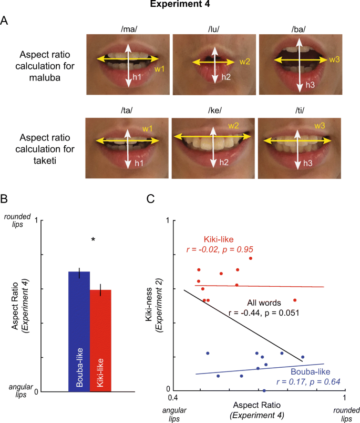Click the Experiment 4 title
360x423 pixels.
coord(179,6)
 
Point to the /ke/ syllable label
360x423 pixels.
coord(213,112)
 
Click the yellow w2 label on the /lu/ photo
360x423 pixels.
coord(245,62)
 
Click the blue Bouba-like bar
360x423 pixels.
coord(79,331)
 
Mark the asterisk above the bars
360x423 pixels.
coord(93,240)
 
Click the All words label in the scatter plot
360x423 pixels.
coord(264,303)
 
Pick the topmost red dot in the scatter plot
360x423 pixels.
coord(251,258)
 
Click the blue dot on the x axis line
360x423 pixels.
coord(264,391)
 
